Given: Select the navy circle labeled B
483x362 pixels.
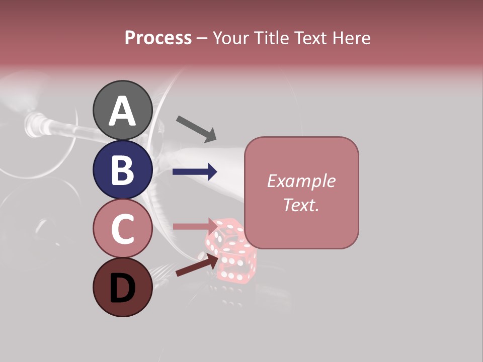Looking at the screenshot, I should tap(122, 169).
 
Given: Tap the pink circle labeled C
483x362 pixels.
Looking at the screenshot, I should tap(122, 228).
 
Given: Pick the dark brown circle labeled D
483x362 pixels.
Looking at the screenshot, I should tap(122, 287).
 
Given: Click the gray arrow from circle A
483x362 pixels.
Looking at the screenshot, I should tap(196, 129).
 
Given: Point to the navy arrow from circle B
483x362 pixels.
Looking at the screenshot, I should tap(195, 172).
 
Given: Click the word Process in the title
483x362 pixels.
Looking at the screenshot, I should tap(158, 38).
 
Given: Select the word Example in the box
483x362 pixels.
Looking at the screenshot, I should tap(301, 181).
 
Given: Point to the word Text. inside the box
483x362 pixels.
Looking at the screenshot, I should tap(301, 205).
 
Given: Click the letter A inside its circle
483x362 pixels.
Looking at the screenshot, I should tap(122, 111).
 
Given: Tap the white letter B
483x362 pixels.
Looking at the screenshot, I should tap(122, 170).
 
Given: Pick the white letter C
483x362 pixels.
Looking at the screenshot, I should tap(122, 229).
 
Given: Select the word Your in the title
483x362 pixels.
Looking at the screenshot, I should tap(230, 38).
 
